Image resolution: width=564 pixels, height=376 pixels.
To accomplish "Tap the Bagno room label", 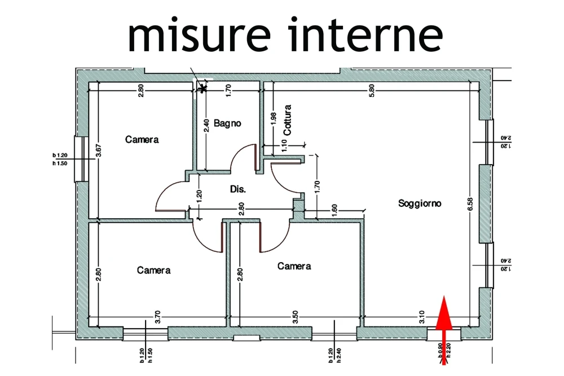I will click(x=227, y=123).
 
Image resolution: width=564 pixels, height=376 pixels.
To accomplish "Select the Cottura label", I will click(x=288, y=119).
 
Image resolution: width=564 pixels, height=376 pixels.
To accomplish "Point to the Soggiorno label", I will click(x=420, y=203).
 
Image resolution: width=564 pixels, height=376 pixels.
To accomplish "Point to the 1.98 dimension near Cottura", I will click(x=274, y=118).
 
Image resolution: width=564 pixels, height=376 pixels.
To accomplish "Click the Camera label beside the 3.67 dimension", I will click(x=142, y=139).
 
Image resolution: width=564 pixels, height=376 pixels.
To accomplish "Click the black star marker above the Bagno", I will click(x=202, y=87).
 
